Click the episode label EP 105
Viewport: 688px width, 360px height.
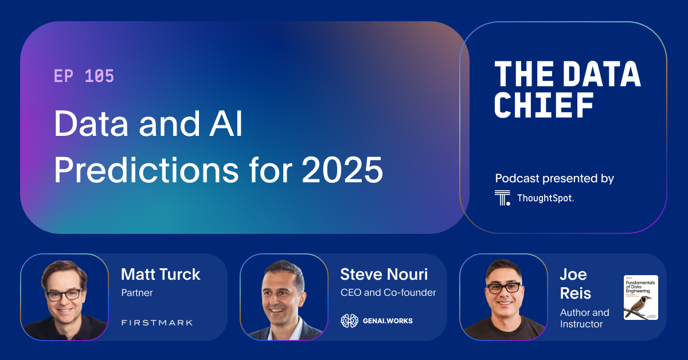pyautogui.click(x=84, y=76)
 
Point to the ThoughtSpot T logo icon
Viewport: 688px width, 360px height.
pyautogui.click(x=502, y=198)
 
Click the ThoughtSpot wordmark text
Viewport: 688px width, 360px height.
pyautogui.click(x=545, y=198)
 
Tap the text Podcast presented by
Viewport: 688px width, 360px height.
pyautogui.click(x=554, y=178)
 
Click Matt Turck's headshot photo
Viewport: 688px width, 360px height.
pyautogui.click(x=64, y=297)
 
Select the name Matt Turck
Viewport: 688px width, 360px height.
pyautogui.click(x=161, y=274)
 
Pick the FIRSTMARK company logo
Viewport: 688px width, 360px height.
pyautogui.click(x=157, y=323)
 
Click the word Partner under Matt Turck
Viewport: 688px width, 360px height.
pyautogui.click(x=137, y=293)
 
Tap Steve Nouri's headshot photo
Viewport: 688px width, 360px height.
pyautogui.click(x=284, y=297)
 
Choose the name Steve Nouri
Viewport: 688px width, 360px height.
pyautogui.click(x=384, y=274)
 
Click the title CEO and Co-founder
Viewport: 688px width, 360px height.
pyautogui.click(x=388, y=293)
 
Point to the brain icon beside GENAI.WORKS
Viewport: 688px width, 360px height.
pyautogui.click(x=349, y=321)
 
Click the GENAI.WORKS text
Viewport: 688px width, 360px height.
pyautogui.click(x=387, y=321)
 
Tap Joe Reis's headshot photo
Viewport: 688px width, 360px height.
pyautogui.click(x=503, y=297)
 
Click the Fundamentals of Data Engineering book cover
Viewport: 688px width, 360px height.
pyautogui.click(x=640, y=298)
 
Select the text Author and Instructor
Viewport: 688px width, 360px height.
pyautogui.click(x=585, y=318)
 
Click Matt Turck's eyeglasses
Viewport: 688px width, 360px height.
pyautogui.click(x=64, y=295)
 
